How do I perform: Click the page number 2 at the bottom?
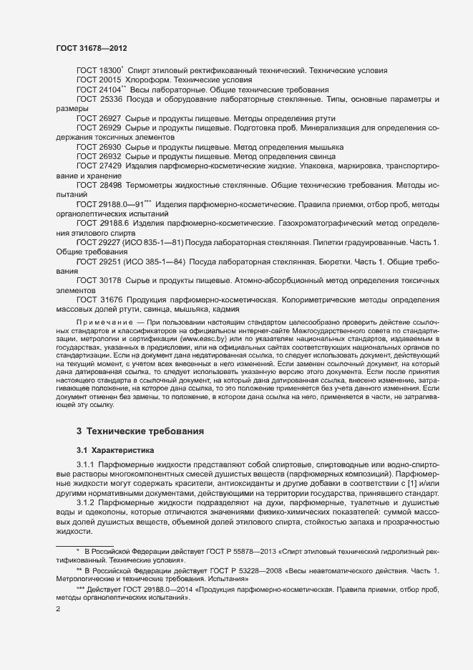pos(58,610)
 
